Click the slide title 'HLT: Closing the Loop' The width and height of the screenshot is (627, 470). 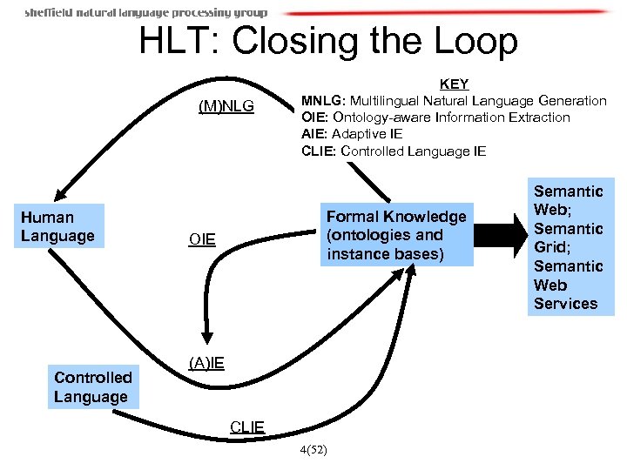click(x=328, y=41)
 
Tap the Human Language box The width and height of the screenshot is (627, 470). click(x=59, y=226)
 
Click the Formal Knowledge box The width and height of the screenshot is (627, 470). click(x=396, y=235)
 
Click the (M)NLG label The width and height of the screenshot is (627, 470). click(x=226, y=106)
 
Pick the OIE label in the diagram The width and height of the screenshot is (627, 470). click(x=201, y=239)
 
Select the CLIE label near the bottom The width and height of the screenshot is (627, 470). click(x=247, y=426)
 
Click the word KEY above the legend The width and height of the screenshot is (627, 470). click(x=454, y=84)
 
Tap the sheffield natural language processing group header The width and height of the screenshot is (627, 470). click(x=145, y=13)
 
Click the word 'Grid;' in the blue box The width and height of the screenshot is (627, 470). click(x=554, y=247)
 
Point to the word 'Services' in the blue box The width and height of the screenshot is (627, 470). click(x=566, y=304)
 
